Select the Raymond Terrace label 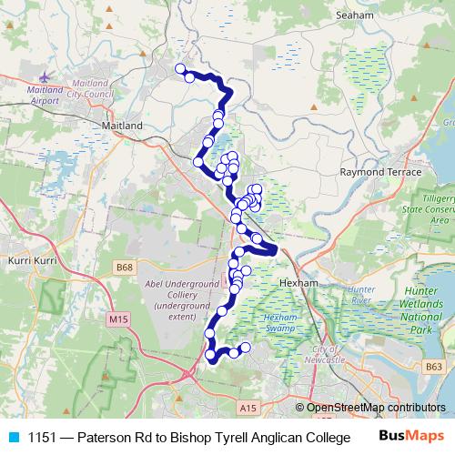380,171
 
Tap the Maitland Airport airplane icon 45,73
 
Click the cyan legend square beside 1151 14,437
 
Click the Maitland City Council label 95,92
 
